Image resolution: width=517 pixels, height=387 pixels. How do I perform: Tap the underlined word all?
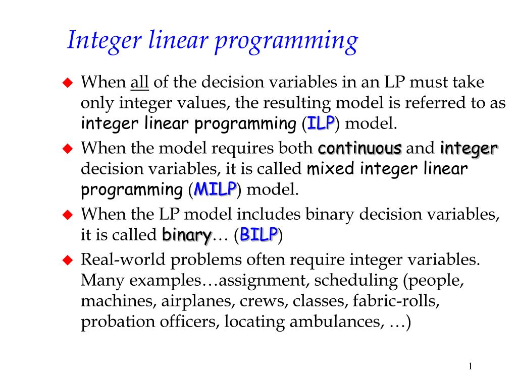click(139, 82)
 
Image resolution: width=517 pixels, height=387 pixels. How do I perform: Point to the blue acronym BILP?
click(259, 234)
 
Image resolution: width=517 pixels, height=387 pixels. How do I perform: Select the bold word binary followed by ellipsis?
click(186, 235)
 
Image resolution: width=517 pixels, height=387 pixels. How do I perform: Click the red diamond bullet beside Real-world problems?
click(68, 261)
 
